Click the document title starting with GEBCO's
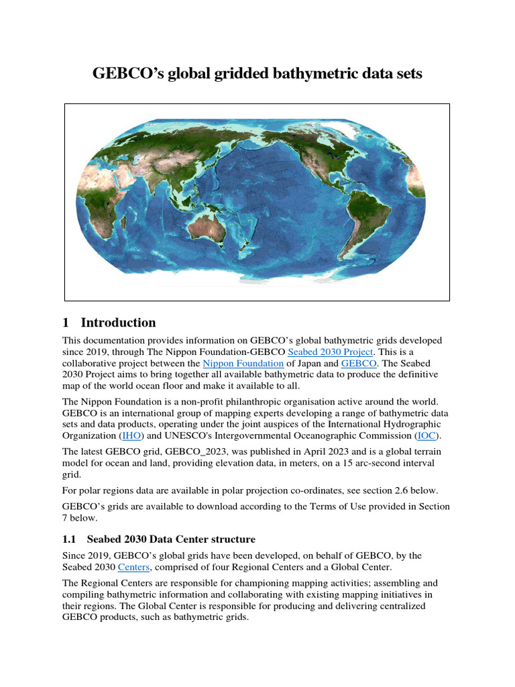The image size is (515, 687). [257, 73]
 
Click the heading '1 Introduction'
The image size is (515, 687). [109, 322]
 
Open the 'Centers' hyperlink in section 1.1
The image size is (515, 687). [134, 567]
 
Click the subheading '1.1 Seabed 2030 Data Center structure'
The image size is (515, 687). [159, 539]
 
